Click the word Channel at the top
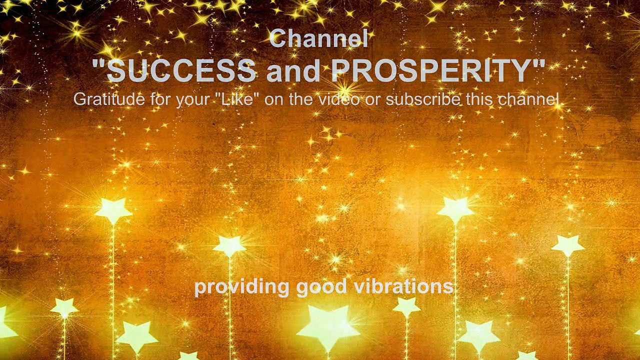tap(318, 39)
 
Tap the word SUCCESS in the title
tap(181, 71)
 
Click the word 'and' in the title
tap(293, 71)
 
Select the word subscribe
tap(423, 99)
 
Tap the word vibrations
tap(403, 286)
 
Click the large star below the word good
tap(327, 325)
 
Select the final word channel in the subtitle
tap(528, 99)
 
